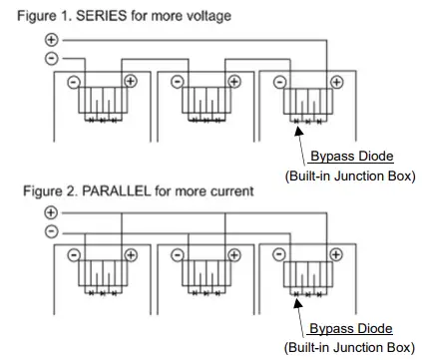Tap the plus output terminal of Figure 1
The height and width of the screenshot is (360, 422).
pos(52,40)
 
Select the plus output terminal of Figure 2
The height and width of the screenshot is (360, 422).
pos(52,213)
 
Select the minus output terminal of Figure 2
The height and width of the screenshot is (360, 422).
pos(52,231)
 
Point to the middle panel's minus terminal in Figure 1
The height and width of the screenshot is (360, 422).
pos(177,82)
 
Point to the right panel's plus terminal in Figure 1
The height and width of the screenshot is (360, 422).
pos(334,82)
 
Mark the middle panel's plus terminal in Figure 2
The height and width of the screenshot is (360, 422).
pos(232,255)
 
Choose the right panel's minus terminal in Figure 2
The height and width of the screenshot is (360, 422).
pos(279,255)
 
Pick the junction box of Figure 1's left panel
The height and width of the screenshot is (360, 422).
pos(101,102)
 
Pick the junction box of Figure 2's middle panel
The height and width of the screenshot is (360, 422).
pos(204,275)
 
